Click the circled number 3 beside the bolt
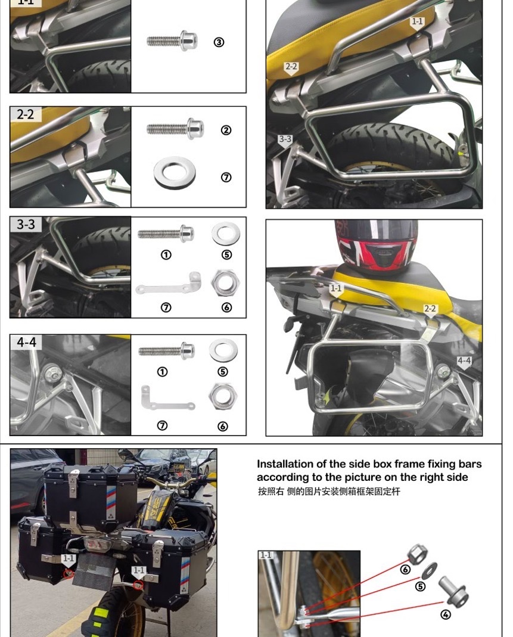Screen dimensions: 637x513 pos(219,42)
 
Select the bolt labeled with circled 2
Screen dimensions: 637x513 pos(175,129)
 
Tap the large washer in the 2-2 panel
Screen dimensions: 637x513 pos(175,172)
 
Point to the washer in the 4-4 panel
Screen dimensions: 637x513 pos(223,350)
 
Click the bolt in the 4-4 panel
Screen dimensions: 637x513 pos(166,350)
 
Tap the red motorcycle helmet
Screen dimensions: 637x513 pos(375,246)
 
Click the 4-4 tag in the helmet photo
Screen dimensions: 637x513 pos(464,361)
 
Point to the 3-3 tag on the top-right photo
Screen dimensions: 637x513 pos(285,140)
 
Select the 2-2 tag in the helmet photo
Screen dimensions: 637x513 pos(430,309)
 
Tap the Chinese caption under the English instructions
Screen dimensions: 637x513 pos(329,492)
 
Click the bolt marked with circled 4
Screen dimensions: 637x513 pos(454,589)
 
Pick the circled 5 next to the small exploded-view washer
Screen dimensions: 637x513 pos(421,586)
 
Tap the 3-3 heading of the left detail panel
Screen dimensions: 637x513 pos(26,225)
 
